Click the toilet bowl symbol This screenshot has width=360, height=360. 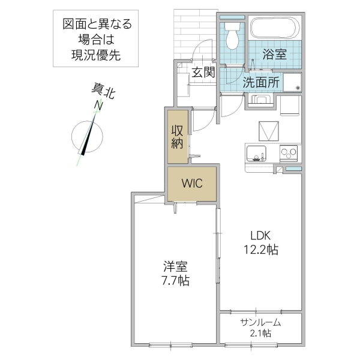tap(232, 36)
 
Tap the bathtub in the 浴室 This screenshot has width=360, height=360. tap(275, 28)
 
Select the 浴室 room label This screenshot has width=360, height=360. tap(274, 55)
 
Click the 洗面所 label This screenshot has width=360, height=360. tap(261, 82)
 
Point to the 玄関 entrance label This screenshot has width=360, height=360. tap(203, 72)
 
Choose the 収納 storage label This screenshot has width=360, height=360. tap(177, 137)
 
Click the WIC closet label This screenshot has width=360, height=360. tap(192, 183)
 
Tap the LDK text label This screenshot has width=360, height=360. tap(260, 236)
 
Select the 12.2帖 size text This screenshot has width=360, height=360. tap(261, 250)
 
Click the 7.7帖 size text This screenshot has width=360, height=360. tap(176, 280)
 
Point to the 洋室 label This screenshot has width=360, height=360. tap(175, 266)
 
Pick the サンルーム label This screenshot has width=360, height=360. tap(260, 323)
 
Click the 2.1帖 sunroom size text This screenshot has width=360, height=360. tap(260, 333)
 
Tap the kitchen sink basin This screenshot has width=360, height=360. tap(256, 154)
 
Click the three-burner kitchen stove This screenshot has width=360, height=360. tap(289, 152)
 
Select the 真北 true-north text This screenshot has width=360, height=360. tap(103, 91)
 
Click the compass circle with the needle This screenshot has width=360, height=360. tap(87, 136)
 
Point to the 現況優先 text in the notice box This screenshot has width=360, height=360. tap(96, 55)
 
